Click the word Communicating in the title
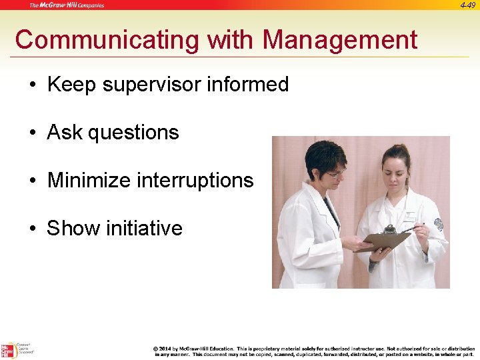tap(108, 40)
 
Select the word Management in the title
tap(339, 40)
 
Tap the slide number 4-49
tap(467, 5)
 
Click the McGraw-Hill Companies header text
tap(66, 5)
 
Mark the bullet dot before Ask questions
tap(32, 133)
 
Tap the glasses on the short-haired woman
tap(335, 173)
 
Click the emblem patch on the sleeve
tap(438, 224)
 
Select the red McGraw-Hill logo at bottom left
tap(7, 350)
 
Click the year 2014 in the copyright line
tap(165, 349)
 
